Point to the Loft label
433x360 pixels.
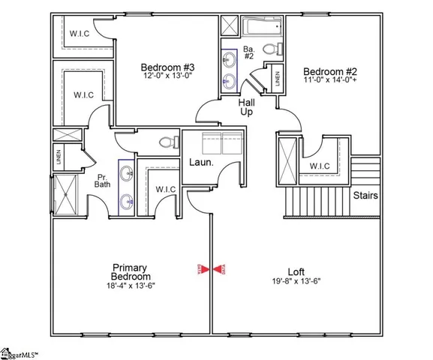pos(296,272)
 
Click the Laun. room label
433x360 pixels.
pos(200,161)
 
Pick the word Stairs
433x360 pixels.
pos(365,196)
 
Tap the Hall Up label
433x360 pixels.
pos(246,106)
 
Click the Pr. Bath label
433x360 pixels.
pos(104,179)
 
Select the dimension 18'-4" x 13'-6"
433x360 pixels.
pos(129,285)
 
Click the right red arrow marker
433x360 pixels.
pos(220,268)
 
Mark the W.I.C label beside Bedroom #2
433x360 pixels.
pos(320,166)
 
